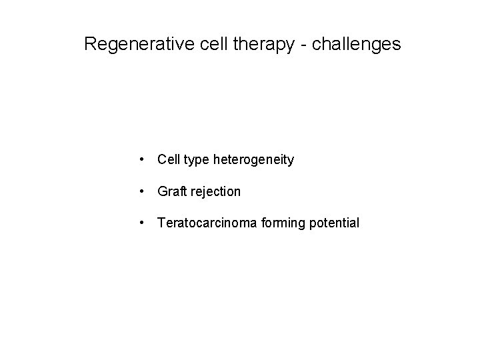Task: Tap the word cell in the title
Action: pos(210,45)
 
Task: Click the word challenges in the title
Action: pos(358,45)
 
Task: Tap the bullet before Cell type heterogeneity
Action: pos(143,160)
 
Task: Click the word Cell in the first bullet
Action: pos(168,160)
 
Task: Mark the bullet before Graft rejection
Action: pos(143,191)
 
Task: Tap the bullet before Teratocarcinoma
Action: pos(143,223)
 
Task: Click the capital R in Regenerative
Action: pos(91,45)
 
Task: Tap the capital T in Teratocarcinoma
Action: pos(161,223)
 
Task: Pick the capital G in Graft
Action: pos(162,191)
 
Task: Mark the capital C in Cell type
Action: pos(162,160)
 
